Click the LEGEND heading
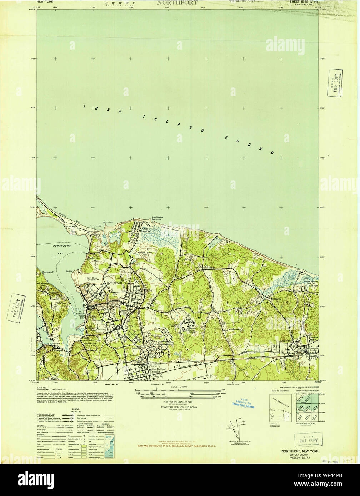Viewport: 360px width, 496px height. point(75,409)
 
